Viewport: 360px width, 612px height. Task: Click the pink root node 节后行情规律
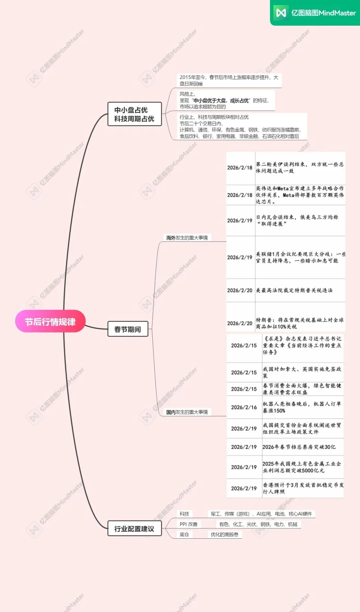point(50,321)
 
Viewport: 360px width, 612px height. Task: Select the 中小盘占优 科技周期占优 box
point(134,114)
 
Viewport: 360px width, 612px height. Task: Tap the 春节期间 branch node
point(128,329)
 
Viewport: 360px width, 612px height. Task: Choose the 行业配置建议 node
point(134,529)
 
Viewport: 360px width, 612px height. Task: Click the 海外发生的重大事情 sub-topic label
point(187,238)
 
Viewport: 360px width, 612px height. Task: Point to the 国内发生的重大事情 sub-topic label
point(187,412)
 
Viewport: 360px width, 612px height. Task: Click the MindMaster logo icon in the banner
point(281,13)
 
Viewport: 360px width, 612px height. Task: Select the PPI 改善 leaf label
point(189,524)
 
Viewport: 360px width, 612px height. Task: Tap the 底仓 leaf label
point(184,534)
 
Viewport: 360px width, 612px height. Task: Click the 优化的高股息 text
point(224,534)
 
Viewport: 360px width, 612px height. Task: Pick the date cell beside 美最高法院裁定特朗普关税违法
point(240,291)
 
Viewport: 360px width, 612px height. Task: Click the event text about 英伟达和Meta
point(300,195)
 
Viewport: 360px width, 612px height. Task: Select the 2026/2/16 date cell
point(244,407)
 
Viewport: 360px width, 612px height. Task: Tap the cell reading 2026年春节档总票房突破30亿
point(299,447)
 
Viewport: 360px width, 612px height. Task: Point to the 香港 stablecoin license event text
point(303,488)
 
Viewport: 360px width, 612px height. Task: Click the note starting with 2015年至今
point(229,81)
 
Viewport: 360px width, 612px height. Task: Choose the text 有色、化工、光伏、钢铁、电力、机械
point(258,524)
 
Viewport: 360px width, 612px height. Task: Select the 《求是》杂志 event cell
point(302,345)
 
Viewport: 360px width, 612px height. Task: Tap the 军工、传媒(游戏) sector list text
point(261,514)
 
